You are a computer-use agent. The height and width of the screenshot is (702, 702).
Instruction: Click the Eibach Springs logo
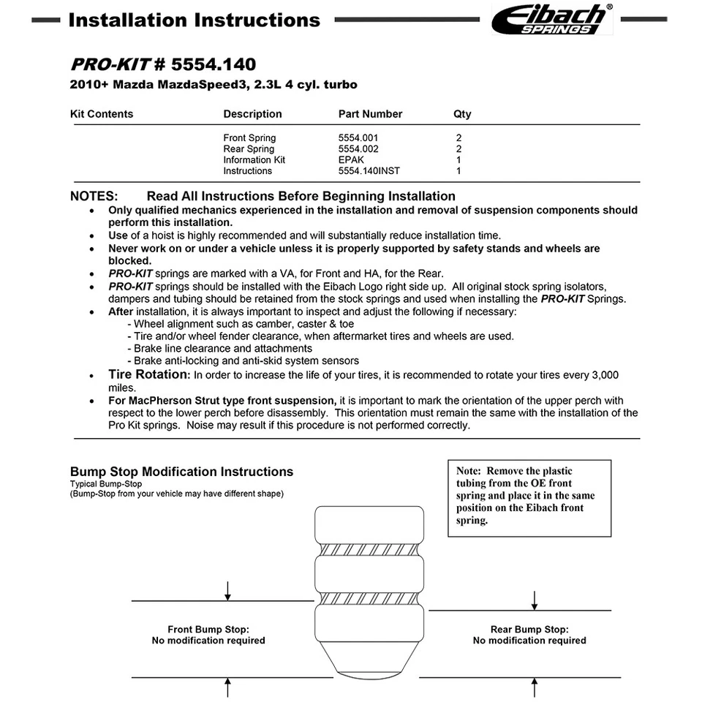coord(551,19)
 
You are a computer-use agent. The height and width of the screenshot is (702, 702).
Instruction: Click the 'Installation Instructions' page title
coord(194,20)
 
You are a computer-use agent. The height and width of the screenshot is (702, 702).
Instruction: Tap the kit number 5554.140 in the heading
coord(214,66)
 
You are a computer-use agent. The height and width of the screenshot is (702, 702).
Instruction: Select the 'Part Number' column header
coord(370,114)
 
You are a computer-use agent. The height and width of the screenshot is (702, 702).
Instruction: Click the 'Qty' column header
coord(462,114)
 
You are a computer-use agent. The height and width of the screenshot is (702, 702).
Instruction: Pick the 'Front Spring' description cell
coord(249,137)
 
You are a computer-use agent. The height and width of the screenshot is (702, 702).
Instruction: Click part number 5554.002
coord(358,148)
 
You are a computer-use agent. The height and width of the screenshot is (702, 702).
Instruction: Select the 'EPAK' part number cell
coord(351,159)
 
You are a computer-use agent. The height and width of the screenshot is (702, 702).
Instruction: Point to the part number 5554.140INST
coord(369,170)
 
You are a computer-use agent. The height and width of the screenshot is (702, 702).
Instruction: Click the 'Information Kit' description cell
coord(254,159)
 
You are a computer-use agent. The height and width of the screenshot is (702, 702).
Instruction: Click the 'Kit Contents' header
coord(102,114)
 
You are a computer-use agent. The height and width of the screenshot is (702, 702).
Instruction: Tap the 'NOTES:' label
coord(94,196)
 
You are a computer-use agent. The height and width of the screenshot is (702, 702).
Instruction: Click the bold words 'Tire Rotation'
coord(148,374)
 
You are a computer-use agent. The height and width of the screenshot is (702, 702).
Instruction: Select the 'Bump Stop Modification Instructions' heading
coord(181,472)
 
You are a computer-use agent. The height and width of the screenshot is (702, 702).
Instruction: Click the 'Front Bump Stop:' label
coord(208,629)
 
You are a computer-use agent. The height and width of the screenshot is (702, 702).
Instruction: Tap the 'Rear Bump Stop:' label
coord(529,629)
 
